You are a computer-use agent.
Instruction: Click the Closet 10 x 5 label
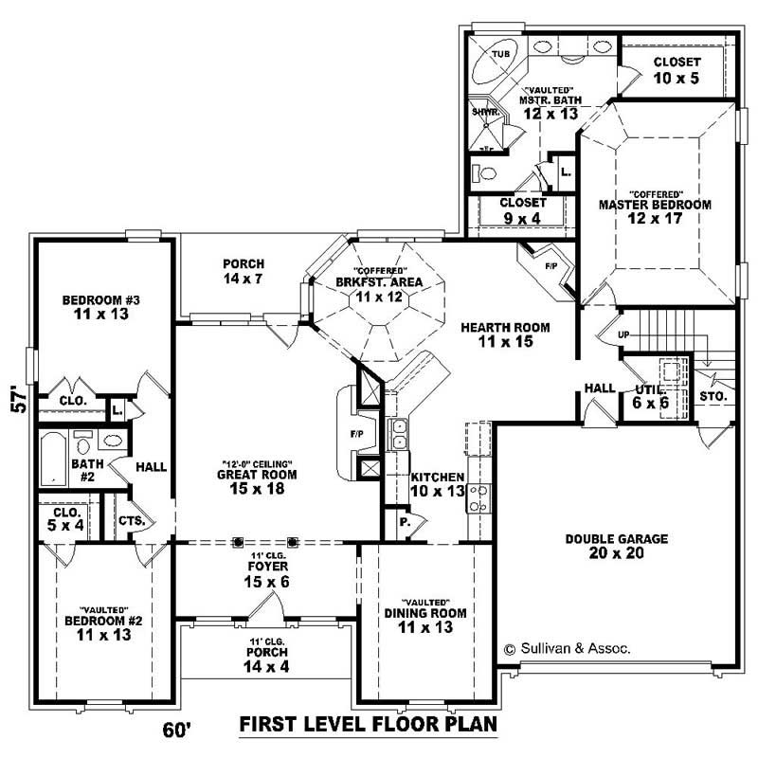click(x=676, y=70)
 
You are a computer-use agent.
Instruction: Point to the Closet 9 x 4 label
click(x=523, y=210)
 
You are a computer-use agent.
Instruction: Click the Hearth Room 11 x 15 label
click(x=505, y=334)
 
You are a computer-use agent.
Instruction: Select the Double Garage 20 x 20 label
click(x=617, y=546)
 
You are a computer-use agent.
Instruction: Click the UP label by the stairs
click(x=623, y=335)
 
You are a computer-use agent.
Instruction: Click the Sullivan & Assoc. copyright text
click(x=568, y=649)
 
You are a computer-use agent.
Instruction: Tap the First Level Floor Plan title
click(x=368, y=725)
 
